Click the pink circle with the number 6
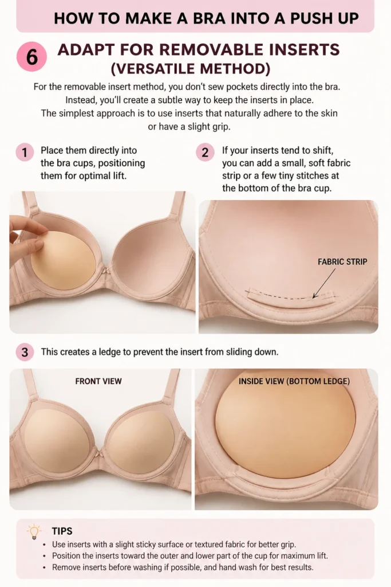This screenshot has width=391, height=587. click(x=32, y=57)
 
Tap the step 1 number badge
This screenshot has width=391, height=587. click(x=25, y=152)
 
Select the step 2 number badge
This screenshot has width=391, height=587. click(x=205, y=152)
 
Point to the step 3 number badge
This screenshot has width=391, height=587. click(x=25, y=353)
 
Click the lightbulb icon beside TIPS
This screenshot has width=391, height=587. click(x=34, y=531)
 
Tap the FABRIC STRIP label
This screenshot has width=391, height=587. click(x=342, y=261)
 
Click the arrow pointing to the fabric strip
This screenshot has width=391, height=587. click(x=324, y=283)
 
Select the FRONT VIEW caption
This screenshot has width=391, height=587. click(x=98, y=381)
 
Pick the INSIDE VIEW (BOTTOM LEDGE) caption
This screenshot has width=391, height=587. click(x=294, y=381)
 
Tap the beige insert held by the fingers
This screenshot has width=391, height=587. click(x=64, y=261)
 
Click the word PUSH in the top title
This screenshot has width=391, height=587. click(x=310, y=18)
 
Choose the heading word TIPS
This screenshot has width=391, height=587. click(x=62, y=531)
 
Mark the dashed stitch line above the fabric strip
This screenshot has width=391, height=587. click(x=291, y=295)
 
